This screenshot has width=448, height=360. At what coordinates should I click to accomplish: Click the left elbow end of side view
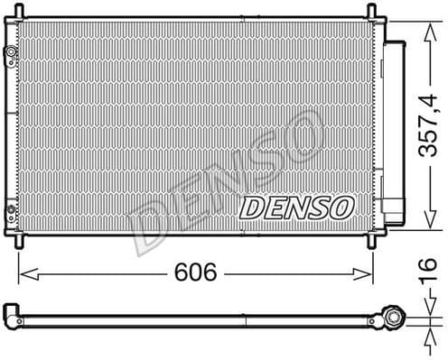12,315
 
